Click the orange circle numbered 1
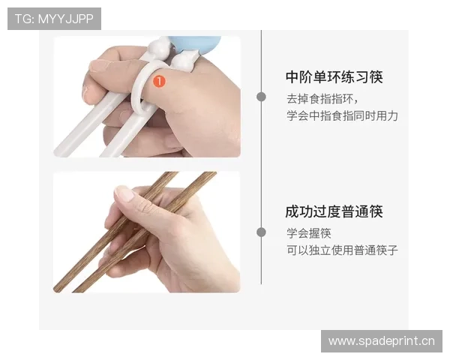point(159,79)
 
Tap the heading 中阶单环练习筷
point(334,77)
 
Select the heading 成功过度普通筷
point(334,211)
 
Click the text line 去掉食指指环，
point(322,98)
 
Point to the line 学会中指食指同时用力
point(342,115)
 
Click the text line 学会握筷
point(308,232)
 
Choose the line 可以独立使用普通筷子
point(342,250)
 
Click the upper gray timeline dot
point(261,97)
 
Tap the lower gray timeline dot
point(261,232)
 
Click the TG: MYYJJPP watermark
point(54,18)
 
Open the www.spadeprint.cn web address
point(381,341)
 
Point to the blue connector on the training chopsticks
point(196,43)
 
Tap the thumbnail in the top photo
point(97,64)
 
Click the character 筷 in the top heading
point(376,77)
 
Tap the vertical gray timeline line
point(261,165)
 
